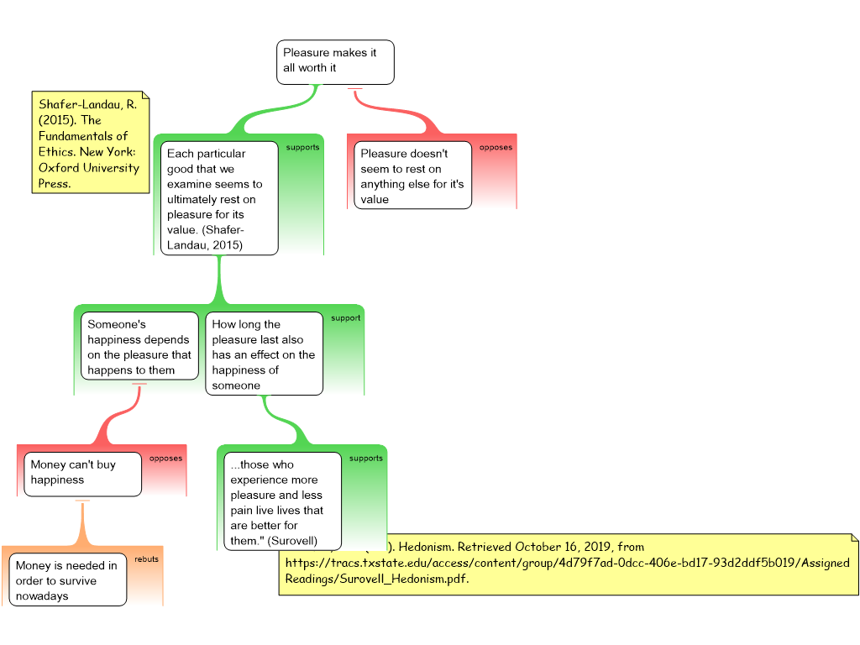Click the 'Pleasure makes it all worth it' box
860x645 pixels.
click(x=335, y=61)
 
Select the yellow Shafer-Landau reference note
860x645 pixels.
click(x=89, y=143)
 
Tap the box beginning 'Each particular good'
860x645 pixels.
click(x=219, y=199)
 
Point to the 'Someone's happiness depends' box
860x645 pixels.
click(x=139, y=347)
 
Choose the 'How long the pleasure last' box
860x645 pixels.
click(x=264, y=354)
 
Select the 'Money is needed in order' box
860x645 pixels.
click(x=68, y=580)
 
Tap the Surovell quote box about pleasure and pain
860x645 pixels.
click(x=282, y=501)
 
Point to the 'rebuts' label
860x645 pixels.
click(x=146, y=558)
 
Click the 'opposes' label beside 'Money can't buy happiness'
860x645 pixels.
click(x=165, y=459)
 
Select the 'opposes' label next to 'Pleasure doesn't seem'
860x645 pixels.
click(x=496, y=148)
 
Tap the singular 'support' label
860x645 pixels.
click(x=345, y=318)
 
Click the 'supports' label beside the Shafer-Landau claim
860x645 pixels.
click(x=302, y=148)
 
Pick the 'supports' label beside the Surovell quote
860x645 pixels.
click(x=365, y=459)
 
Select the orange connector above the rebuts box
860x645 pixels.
click(x=81, y=525)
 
